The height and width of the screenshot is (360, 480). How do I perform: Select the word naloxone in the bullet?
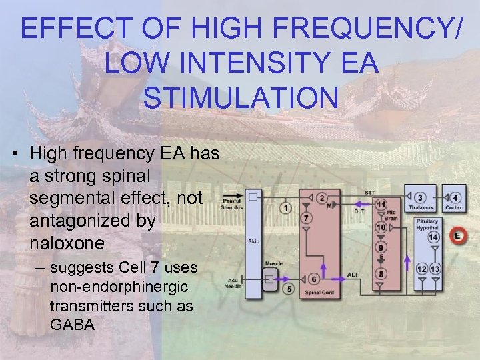click(x=67, y=243)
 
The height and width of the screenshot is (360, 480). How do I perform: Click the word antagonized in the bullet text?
click(x=92, y=221)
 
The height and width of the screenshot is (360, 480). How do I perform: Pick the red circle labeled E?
click(x=457, y=235)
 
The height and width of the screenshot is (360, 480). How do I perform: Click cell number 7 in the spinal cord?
click(x=306, y=218)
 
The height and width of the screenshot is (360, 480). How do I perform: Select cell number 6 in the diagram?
click(x=313, y=279)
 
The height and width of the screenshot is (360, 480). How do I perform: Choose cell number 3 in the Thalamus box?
click(x=420, y=198)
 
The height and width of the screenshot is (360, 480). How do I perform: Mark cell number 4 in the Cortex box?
click(x=455, y=198)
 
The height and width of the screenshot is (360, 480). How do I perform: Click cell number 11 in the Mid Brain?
click(x=381, y=204)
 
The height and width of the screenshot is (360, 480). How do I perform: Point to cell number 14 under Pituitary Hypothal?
click(x=433, y=237)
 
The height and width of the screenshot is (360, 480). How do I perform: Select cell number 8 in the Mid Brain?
click(x=381, y=273)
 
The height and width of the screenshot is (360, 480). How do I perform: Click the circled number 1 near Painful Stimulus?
click(x=286, y=208)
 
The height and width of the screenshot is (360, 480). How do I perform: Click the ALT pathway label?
click(x=353, y=274)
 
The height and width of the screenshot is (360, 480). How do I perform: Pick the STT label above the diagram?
click(x=369, y=193)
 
